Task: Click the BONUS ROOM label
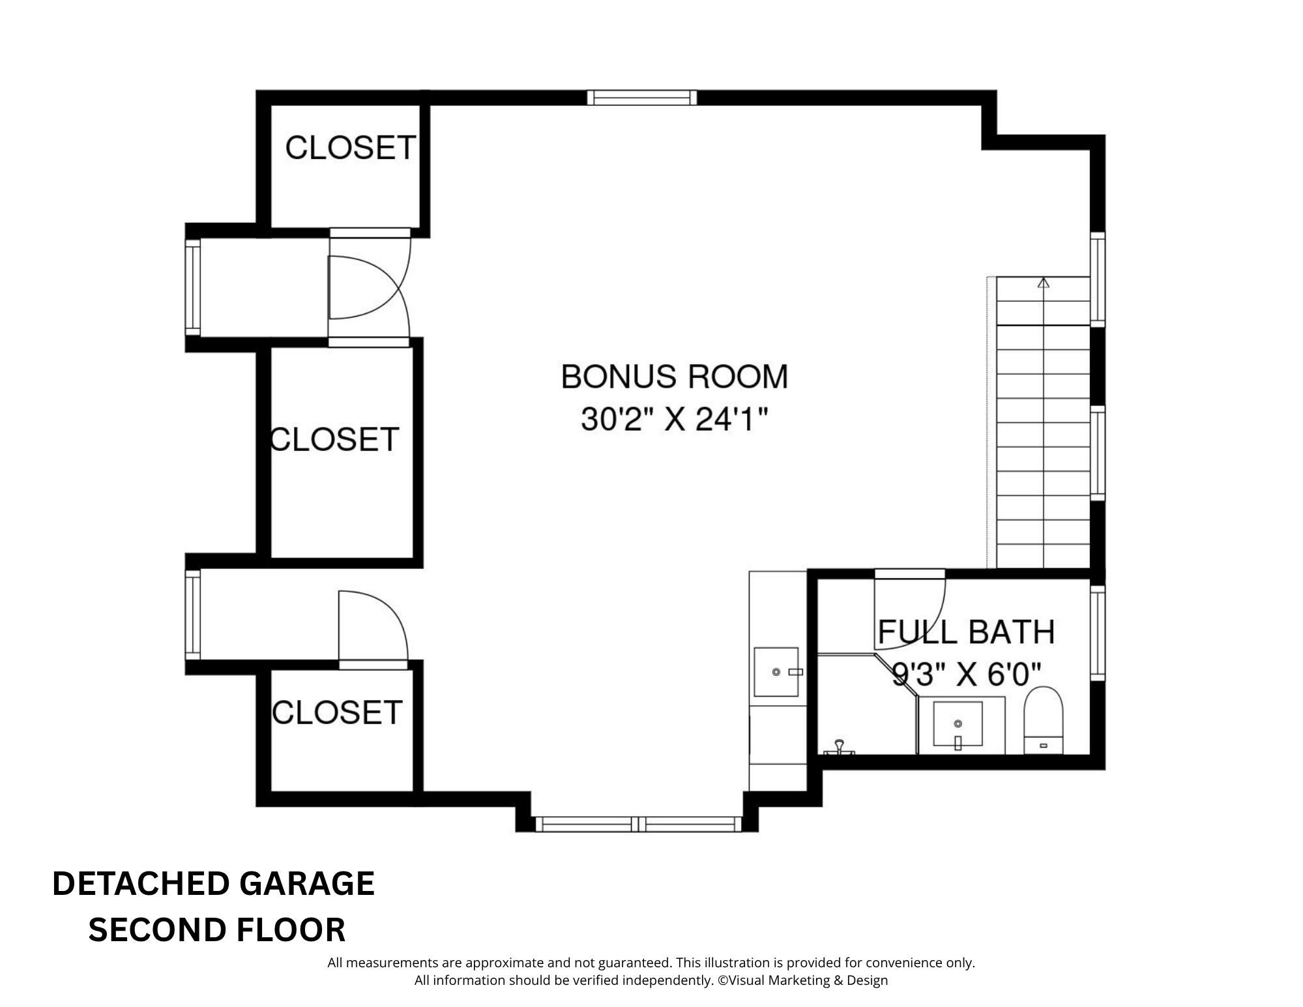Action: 675,377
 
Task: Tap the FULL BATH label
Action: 966,632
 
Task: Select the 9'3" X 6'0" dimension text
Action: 966,675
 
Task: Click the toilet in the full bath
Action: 1044,720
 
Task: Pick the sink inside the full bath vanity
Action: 958,723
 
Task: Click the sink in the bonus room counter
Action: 776,671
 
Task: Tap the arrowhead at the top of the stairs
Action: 1044,283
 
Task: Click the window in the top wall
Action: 642,98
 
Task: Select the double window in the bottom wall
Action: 639,824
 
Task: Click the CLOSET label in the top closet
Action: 351,148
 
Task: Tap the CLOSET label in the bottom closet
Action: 337,712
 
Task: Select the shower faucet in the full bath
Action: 840,746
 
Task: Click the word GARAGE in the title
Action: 307,884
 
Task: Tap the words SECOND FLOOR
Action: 217,930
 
